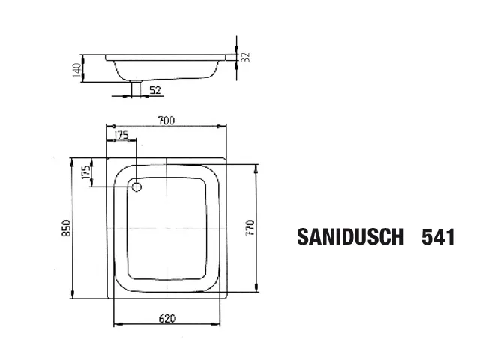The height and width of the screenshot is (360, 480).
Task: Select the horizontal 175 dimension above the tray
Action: [121, 136]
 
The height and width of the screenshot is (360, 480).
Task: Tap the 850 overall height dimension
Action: [65, 229]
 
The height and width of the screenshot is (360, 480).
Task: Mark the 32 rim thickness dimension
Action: [245, 56]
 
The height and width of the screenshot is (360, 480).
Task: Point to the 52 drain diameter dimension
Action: [155, 90]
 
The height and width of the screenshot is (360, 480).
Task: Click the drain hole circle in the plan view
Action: [136, 186]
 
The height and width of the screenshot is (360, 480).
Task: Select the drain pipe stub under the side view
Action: [136, 88]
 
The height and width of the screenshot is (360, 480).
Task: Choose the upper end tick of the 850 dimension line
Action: [72, 158]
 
